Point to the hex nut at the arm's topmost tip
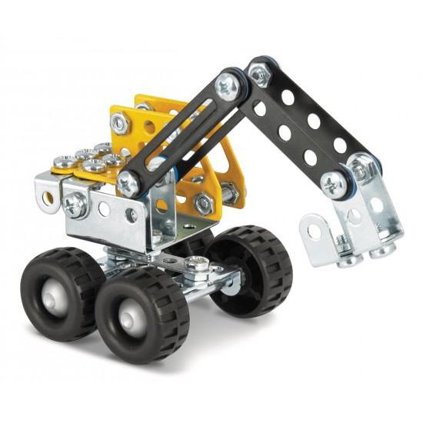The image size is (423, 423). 261,73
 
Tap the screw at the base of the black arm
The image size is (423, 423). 128,182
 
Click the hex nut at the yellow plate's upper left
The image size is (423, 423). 119,122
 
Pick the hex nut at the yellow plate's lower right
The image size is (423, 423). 204,203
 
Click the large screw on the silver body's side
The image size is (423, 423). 75,205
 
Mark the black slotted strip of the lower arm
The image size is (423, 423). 177,135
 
